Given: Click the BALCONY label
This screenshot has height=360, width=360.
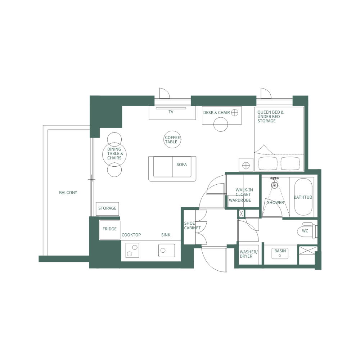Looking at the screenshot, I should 68,193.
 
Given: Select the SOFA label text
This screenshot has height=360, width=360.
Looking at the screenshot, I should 182,165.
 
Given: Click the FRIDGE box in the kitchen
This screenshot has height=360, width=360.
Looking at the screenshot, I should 109,229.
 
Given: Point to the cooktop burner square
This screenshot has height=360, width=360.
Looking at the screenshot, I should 132,250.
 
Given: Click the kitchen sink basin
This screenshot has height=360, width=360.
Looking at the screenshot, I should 166,250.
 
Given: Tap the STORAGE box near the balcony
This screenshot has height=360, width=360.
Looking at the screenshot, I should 107,208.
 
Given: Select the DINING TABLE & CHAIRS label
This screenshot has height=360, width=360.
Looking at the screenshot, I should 114,154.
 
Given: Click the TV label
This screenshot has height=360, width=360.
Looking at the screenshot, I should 171,112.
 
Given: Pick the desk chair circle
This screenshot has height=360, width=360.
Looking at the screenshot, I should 221,125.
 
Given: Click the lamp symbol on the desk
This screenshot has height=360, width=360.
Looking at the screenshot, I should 235,113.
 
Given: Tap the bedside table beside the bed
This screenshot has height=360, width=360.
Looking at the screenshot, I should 246,165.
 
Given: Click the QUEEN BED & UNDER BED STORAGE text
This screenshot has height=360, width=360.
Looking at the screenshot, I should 270,117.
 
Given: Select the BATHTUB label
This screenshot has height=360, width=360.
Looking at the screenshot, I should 303,197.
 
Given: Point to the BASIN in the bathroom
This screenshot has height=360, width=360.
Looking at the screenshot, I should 280,253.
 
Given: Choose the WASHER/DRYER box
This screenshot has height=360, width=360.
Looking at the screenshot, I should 249,255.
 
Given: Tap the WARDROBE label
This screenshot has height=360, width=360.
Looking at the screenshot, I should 240,201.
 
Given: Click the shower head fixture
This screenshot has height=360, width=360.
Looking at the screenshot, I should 275,184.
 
